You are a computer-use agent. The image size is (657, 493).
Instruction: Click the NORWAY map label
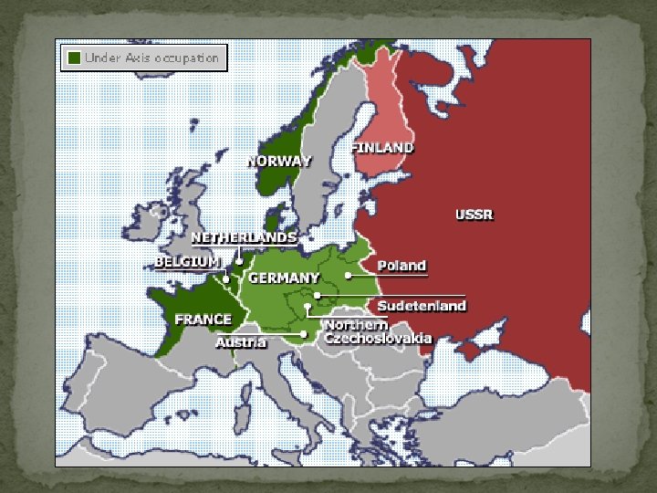(279, 162)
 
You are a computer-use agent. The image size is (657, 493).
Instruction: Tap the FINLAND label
(383, 147)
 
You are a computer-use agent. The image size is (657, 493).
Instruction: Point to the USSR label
(474, 215)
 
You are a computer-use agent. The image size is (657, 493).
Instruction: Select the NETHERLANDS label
(244, 237)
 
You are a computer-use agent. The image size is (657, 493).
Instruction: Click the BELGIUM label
(187, 261)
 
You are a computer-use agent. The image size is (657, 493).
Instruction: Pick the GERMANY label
(284, 278)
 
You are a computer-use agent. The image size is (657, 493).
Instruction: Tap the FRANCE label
(203, 320)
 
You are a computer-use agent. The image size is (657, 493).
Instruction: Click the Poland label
(402, 266)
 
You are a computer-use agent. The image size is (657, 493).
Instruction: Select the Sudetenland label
(422, 306)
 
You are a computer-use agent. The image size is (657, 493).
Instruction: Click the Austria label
(241, 343)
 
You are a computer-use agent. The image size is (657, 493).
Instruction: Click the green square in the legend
(72, 58)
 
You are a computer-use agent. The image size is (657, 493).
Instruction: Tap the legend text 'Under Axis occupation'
(151, 58)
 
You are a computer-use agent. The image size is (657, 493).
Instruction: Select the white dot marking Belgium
(226, 278)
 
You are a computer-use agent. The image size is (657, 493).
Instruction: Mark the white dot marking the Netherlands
(238, 261)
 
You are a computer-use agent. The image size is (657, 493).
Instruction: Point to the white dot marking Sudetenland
(317, 296)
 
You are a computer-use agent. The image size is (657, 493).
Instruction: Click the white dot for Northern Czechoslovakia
(308, 307)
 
